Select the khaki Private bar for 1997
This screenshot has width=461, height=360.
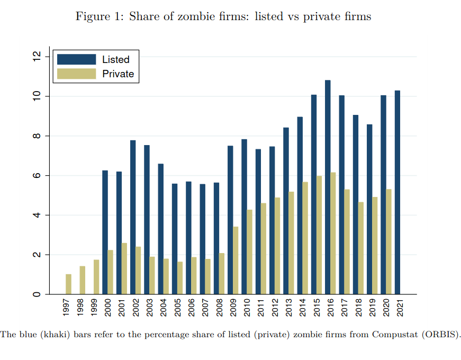[69, 284]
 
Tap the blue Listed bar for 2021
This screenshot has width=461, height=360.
[397, 192]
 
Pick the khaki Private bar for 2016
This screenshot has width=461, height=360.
[333, 233]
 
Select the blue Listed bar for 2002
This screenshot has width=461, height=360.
[133, 217]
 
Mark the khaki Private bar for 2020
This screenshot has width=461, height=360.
[389, 241]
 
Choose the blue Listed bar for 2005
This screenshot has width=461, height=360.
[175, 239]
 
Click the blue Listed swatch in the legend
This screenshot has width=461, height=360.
[76, 59]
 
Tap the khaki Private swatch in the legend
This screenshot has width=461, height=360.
[76, 74]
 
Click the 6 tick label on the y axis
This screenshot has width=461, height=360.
[37, 176]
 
